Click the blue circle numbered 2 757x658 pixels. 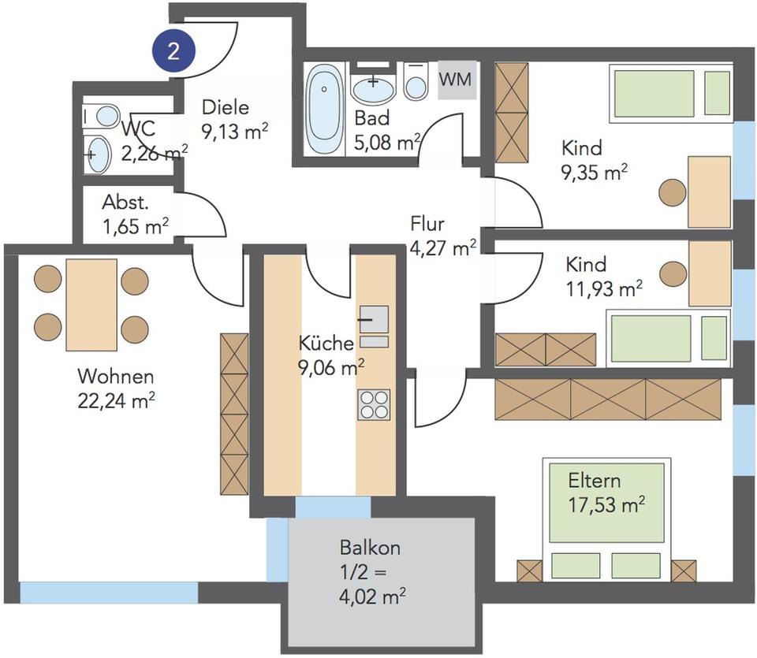tap(173, 50)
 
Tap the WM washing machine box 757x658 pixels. tap(457, 80)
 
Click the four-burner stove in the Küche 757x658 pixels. tap(374, 404)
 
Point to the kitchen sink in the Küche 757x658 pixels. tap(374, 319)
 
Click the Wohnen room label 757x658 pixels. tap(116, 376)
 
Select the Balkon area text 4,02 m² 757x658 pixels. tap(372, 597)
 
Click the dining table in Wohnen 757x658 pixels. tap(91, 305)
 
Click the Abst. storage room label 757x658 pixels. tap(125, 203)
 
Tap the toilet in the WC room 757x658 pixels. tap(102, 116)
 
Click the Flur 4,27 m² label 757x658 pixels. tap(443, 236)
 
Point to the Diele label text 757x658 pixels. tap(225, 107)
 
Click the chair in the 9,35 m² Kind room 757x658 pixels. tap(673, 192)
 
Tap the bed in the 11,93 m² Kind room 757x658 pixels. tap(668, 338)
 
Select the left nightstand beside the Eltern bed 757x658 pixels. tap(530, 571)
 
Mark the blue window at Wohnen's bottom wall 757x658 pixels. tap(109, 593)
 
